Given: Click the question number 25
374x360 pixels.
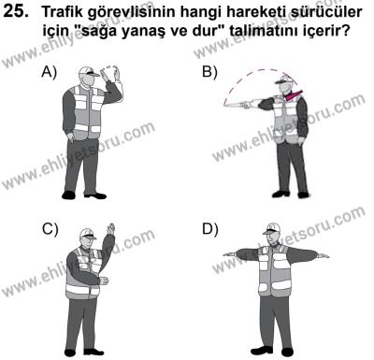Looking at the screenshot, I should pos(20,12).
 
